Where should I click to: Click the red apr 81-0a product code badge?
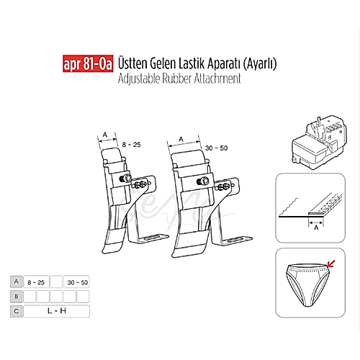[x=84, y=64]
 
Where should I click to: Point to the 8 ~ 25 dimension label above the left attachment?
[x=130, y=145]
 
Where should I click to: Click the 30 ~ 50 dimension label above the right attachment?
[x=216, y=148]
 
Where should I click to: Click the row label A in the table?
[x=16, y=282]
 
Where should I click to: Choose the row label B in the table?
[x=16, y=297]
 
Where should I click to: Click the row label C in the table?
[x=16, y=311]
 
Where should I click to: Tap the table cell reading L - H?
[x=56, y=311]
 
